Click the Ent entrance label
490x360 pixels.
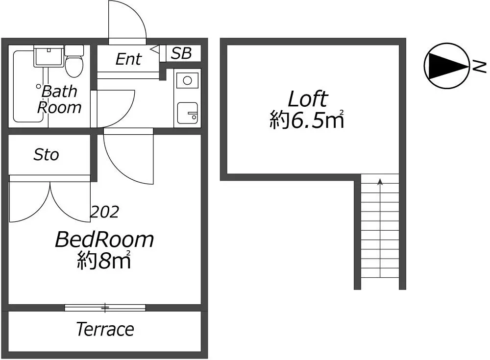[128, 59]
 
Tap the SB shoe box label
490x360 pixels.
[181, 53]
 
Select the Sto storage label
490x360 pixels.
[46, 155]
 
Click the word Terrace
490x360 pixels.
[105, 329]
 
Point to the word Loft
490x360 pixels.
[308, 99]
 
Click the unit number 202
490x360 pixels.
[105, 212]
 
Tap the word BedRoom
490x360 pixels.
[104, 240]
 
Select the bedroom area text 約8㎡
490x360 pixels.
[104, 260]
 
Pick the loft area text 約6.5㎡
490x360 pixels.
[307, 120]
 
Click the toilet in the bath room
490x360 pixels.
[74, 61]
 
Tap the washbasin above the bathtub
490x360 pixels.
[49, 56]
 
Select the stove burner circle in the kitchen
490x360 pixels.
[188, 81]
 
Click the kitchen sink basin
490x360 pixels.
[188, 113]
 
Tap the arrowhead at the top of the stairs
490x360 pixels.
[380, 182]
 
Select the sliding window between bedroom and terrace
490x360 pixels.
[105, 308]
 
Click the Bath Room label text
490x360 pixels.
[59, 99]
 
